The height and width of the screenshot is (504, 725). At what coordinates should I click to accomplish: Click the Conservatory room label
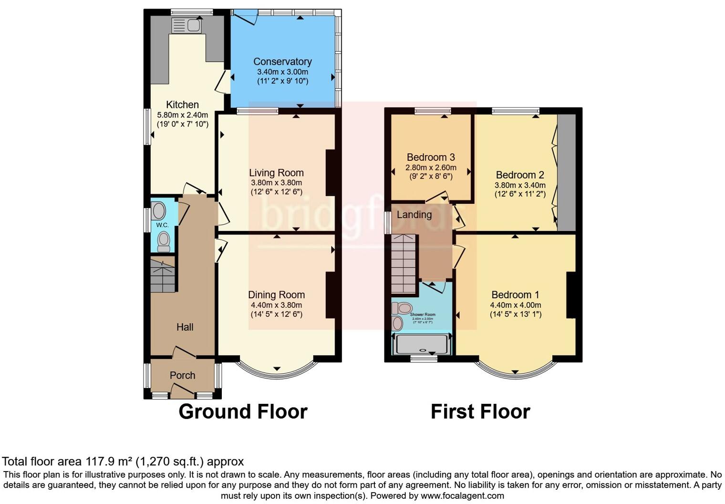pos(282,62)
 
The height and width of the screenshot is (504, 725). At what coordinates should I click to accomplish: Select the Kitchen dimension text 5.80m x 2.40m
pos(182,115)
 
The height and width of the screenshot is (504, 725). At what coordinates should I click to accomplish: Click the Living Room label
pos(276,173)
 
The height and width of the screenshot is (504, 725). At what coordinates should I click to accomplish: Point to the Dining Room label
pos(276,295)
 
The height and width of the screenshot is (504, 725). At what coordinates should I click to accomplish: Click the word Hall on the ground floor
pos(185,327)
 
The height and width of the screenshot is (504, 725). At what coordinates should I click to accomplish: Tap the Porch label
pos(182,376)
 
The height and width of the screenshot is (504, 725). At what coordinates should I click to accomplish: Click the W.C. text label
pos(162,225)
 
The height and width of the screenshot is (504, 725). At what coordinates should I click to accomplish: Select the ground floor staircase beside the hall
pos(163,275)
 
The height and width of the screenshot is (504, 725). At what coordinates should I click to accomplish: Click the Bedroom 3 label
pos(430,157)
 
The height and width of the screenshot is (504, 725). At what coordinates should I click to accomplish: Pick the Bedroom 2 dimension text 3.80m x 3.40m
pos(520,185)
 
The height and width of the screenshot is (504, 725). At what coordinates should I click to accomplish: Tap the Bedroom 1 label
pos(515,295)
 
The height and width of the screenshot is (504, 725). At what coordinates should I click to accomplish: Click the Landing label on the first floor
pos(414,215)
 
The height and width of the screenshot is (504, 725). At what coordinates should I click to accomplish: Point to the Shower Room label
pos(423,315)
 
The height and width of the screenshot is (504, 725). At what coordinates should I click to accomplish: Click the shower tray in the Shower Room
pos(422,344)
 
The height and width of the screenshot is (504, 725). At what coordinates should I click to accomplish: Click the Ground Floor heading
pos(243,411)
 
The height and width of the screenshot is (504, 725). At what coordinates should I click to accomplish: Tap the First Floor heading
pos(480,411)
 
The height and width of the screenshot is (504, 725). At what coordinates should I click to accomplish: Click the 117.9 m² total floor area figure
pos(109,462)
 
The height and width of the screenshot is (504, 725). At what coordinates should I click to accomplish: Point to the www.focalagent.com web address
pos(462,495)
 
